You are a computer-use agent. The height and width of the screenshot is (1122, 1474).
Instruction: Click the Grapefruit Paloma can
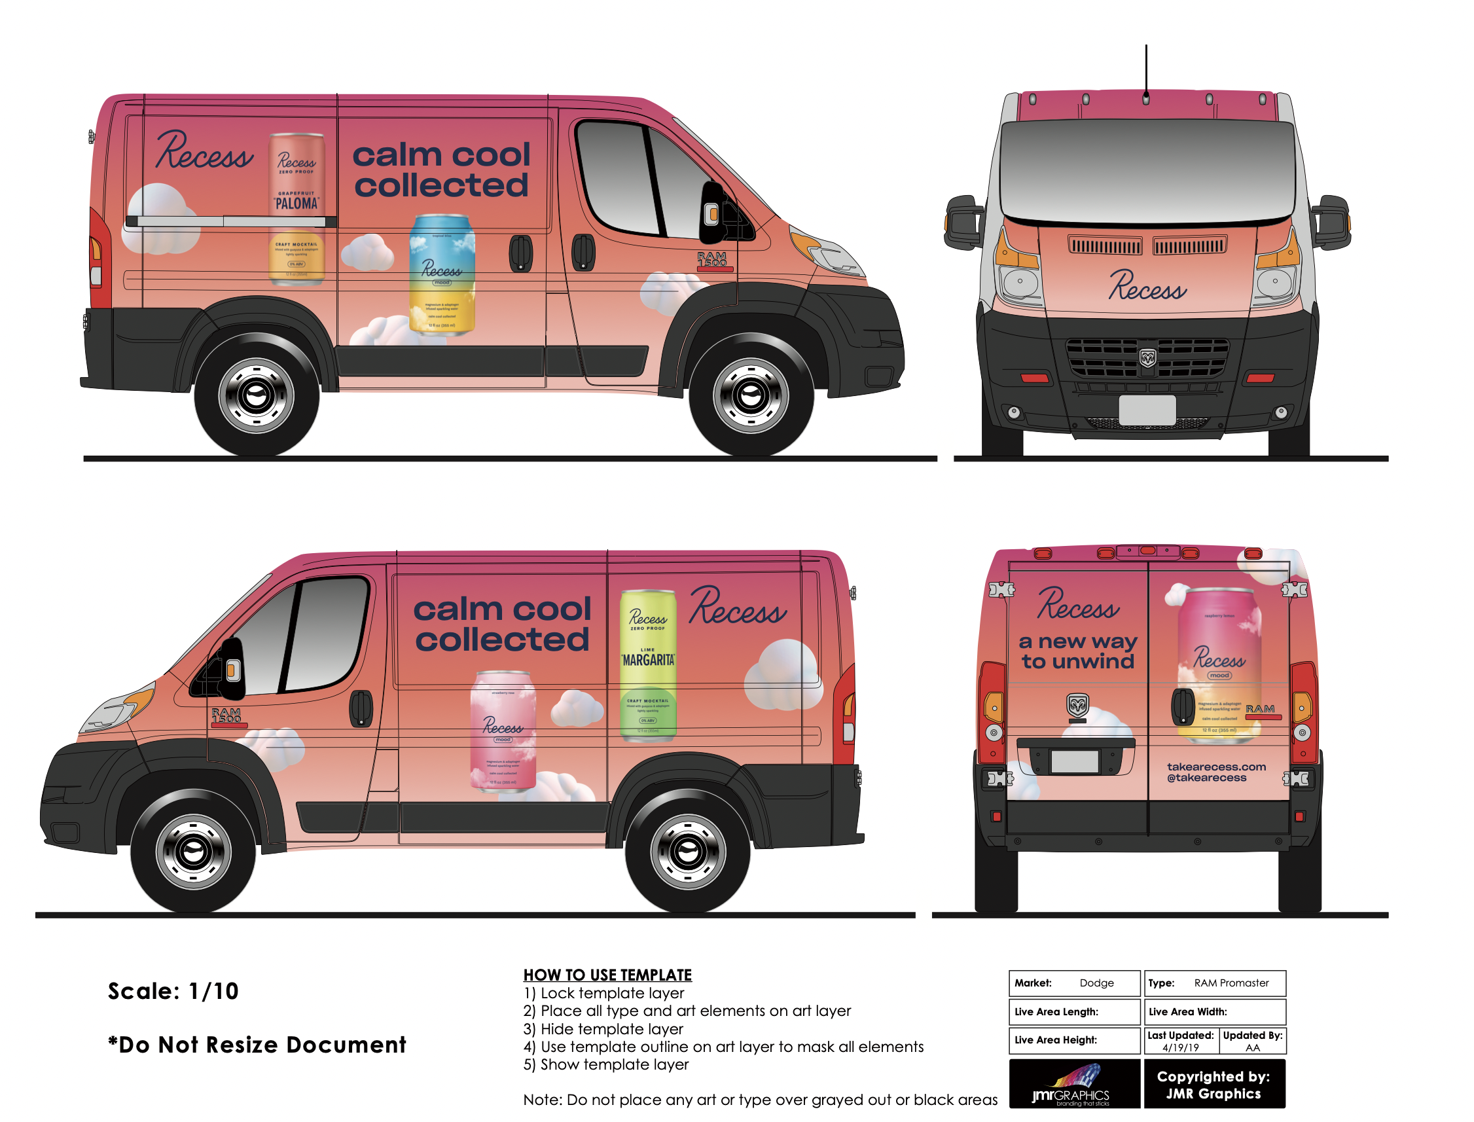(297, 208)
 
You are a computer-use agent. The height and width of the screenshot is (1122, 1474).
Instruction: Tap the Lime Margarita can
(647, 664)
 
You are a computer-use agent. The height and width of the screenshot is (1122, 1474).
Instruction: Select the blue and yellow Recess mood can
(441, 274)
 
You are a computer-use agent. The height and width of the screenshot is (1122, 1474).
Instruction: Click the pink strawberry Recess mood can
(502, 731)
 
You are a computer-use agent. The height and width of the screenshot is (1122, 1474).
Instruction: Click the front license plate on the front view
(1147, 409)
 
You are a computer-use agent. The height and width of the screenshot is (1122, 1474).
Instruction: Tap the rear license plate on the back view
(1074, 761)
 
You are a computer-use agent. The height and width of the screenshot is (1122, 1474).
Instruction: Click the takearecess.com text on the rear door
(1215, 767)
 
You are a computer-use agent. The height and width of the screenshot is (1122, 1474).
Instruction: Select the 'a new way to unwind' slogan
(1077, 651)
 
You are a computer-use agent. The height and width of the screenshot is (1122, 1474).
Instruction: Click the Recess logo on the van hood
(1147, 286)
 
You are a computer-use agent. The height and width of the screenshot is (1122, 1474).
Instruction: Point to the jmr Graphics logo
(1074, 1083)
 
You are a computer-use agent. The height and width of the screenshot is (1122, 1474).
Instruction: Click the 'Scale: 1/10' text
(173, 991)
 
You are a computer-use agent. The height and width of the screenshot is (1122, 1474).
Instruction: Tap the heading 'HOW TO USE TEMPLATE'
(607, 975)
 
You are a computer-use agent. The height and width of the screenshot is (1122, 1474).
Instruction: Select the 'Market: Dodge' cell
(1073, 983)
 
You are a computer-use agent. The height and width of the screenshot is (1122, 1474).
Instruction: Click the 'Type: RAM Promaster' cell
(1214, 983)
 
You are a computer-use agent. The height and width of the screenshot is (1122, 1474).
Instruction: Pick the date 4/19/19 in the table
(1180, 1047)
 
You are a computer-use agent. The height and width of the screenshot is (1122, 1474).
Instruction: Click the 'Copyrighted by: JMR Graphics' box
(1213, 1084)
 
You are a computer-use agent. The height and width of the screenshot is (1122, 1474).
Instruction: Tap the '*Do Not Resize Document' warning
(257, 1045)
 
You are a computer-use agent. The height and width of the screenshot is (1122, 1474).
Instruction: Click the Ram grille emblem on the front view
(1147, 358)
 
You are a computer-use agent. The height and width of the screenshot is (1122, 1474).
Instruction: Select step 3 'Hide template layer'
(603, 1028)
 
